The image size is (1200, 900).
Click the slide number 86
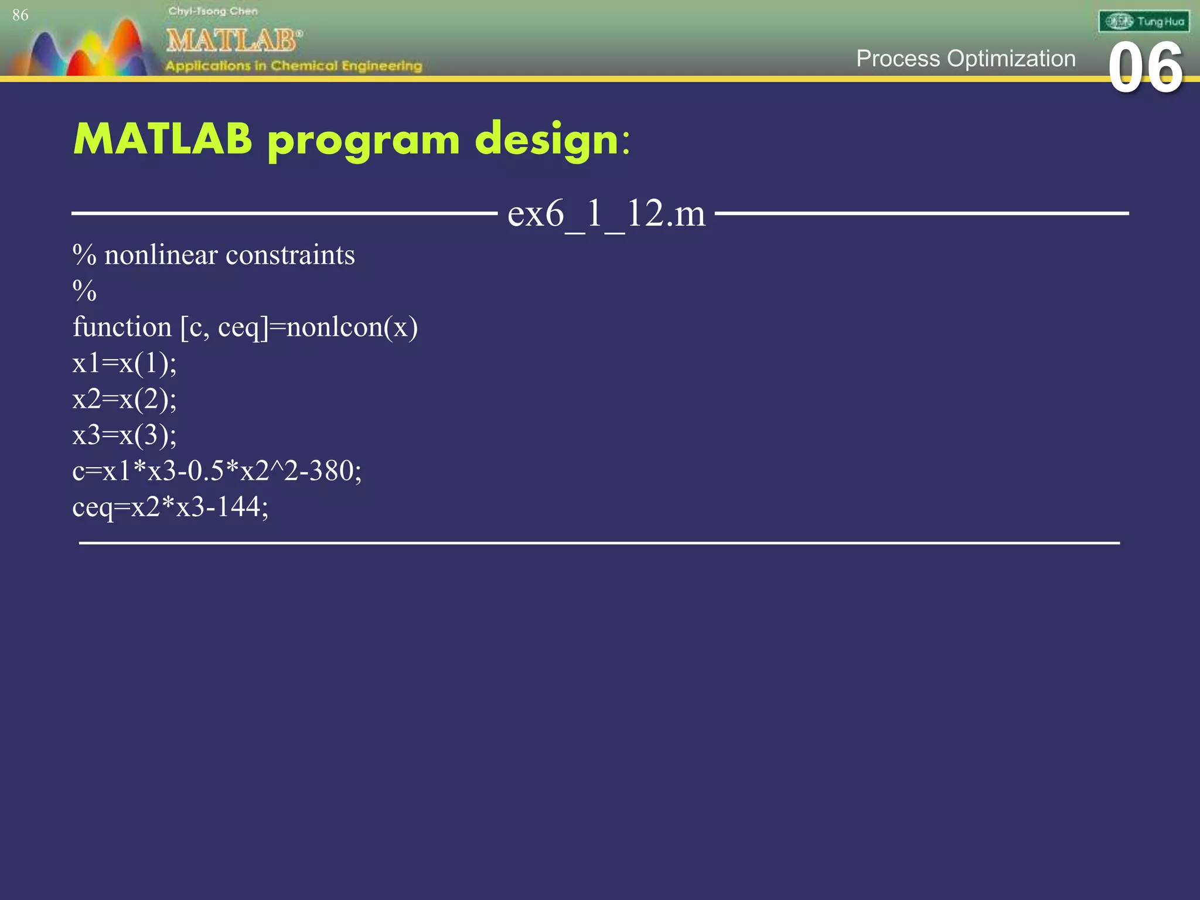(20, 15)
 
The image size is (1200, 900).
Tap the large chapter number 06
(1145, 69)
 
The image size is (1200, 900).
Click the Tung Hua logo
(1144, 22)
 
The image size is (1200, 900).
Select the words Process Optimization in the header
(966, 59)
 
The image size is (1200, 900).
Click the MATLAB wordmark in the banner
(233, 40)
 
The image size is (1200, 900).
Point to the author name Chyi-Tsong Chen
(213, 11)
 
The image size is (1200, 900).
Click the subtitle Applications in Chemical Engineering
(293, 66)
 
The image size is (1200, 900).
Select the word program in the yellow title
(363, 141)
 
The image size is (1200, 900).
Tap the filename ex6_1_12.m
(606, 213)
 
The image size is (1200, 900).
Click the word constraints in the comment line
(290, 255)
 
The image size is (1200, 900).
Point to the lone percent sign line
(84, 291)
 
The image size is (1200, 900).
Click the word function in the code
(122, 327)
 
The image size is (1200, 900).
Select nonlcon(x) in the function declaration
(352, 327)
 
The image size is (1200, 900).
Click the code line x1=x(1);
(124, 363)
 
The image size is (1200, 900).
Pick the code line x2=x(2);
(124, 399)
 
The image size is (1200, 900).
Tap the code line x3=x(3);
(124, 435)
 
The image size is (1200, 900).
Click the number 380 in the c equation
(331, 471)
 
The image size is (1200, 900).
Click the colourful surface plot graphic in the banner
(88, 50)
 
